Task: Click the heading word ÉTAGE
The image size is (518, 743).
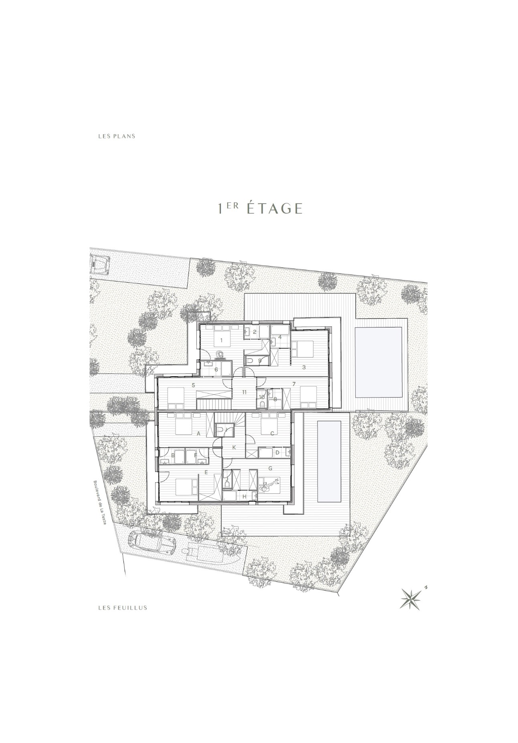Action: pos(274,208)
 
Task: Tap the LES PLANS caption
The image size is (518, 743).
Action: pos(117,136)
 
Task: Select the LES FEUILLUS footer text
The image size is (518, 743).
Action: pos(123,608)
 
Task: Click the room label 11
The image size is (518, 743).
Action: pos(245,392)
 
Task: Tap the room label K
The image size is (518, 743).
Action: pos(235,447)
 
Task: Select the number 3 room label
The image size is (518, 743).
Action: pos(304,367)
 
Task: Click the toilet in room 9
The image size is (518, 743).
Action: pos(251,361)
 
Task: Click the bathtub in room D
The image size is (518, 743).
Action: pos(268,453)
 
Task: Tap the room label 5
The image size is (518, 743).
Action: pos(193,385)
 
